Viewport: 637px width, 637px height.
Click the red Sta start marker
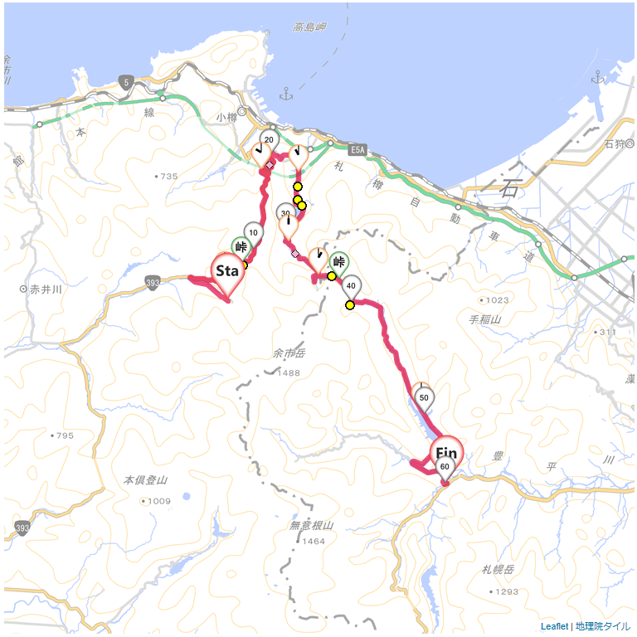click(x=227, y=272)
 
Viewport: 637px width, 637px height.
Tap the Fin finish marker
click(x=446, y=453)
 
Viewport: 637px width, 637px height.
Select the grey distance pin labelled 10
click(x=253, y=233)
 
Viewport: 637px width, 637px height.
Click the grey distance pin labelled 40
click(x=351, y=286)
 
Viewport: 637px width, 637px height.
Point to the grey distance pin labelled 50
click(x=424, y=397)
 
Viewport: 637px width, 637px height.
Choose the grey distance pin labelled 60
click(x=445, y=467)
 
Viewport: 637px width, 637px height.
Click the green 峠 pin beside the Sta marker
click(x=241, y=247)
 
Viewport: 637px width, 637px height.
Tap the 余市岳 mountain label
click(x=289, y=354)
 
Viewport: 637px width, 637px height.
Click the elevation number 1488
click(x=289, y=372)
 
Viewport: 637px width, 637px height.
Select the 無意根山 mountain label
click(x=312, y=525)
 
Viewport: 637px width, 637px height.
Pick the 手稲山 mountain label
click(x=485, y=319)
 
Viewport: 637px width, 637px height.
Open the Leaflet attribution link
click(x=554, y=626)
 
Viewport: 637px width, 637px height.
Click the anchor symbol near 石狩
click(x=597, y=78)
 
